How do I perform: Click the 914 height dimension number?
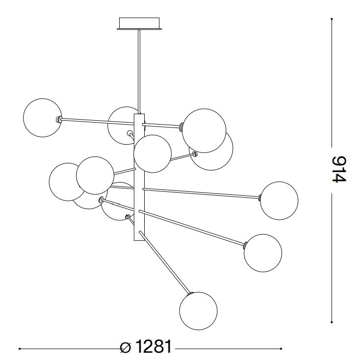pos(339,169)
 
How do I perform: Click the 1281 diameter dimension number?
pos(154,347)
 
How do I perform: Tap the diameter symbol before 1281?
pos(126,347)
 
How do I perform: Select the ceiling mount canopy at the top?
pos(139,24)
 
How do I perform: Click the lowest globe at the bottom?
pos(198,311)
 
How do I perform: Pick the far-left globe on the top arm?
pos(43,118)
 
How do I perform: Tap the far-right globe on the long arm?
pos(279,201)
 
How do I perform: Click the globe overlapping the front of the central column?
pos(153,154)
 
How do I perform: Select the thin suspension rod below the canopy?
pos(139,72)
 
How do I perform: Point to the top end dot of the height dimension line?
pos(332,19)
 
